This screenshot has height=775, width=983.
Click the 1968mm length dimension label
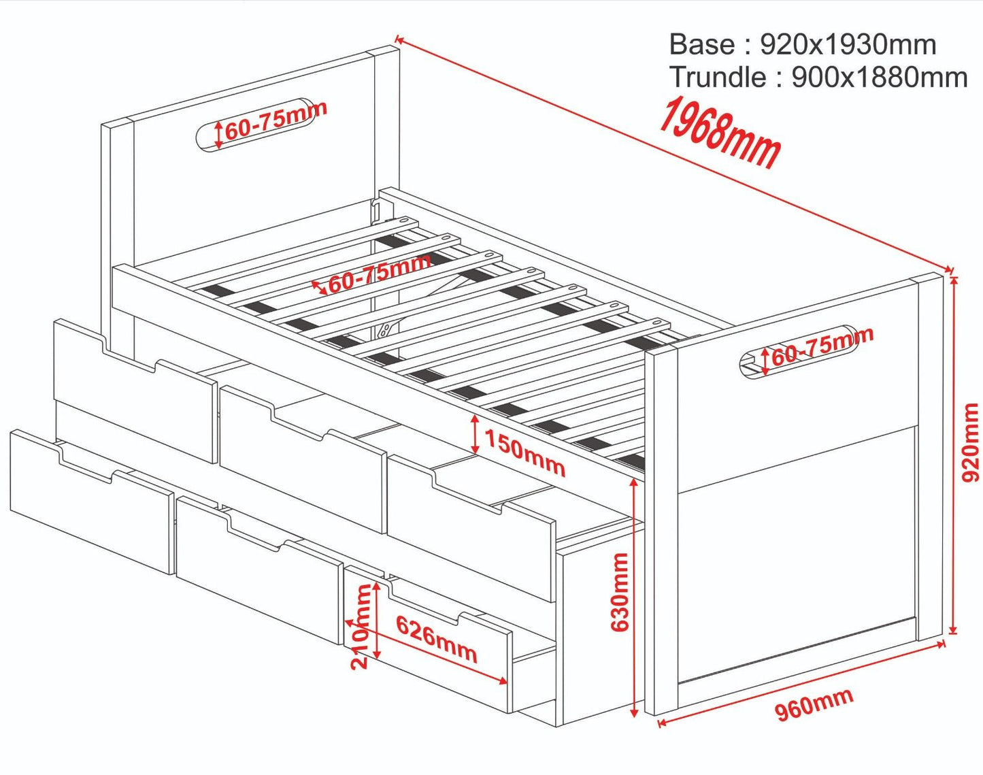click(720, 133)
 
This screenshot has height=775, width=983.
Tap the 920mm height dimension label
click(971, 442)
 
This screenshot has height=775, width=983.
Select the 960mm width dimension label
click(814, 704)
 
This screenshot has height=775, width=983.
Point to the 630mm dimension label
click(620, 591)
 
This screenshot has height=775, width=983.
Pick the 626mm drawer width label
click(436, 640)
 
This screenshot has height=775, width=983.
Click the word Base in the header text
click(702, 45)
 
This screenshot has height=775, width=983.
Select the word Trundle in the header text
click(718, 78)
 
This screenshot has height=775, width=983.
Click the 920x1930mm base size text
click(848, 45)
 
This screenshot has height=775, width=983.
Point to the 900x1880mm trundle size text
click(880, 78)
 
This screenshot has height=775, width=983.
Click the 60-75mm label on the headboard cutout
click(276, 120)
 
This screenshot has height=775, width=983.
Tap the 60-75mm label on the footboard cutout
click(822, 346)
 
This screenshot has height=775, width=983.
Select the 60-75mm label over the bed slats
click(380, 273)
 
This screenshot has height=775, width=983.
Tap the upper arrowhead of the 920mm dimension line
click(954, 279)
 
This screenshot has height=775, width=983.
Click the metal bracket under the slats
click(386, 329)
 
